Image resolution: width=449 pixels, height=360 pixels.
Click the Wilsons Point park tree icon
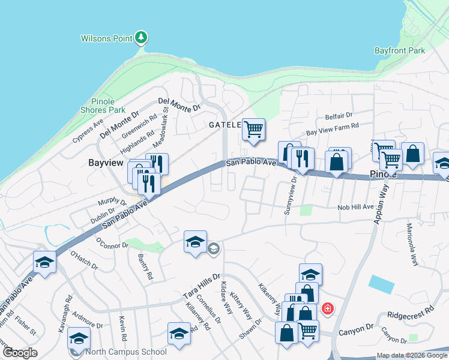[141, 38]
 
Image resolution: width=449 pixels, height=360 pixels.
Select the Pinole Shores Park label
[103, 106]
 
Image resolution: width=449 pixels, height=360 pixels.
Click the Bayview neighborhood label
[106, 163]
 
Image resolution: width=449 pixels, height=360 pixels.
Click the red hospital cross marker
[328, 309]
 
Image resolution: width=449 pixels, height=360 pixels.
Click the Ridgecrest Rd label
[410, 313]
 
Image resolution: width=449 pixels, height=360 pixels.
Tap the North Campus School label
[125, 352]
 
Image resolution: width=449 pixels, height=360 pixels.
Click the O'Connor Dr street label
[112, 242]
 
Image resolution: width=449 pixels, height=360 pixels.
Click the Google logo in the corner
[20, 353]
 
